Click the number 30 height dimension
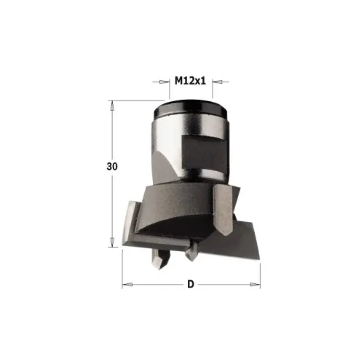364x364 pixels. click(111, 167)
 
